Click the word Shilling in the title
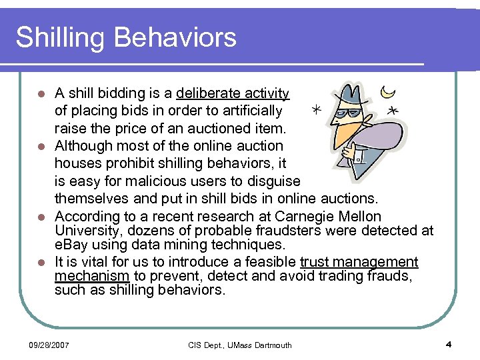coord(59,37)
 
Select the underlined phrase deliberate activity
coord(233,93)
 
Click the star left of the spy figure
coord(315,108)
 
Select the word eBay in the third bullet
coord(69,245)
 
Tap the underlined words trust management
coord(359,262)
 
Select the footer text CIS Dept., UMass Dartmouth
coord(239,345)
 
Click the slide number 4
coord(449,345)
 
